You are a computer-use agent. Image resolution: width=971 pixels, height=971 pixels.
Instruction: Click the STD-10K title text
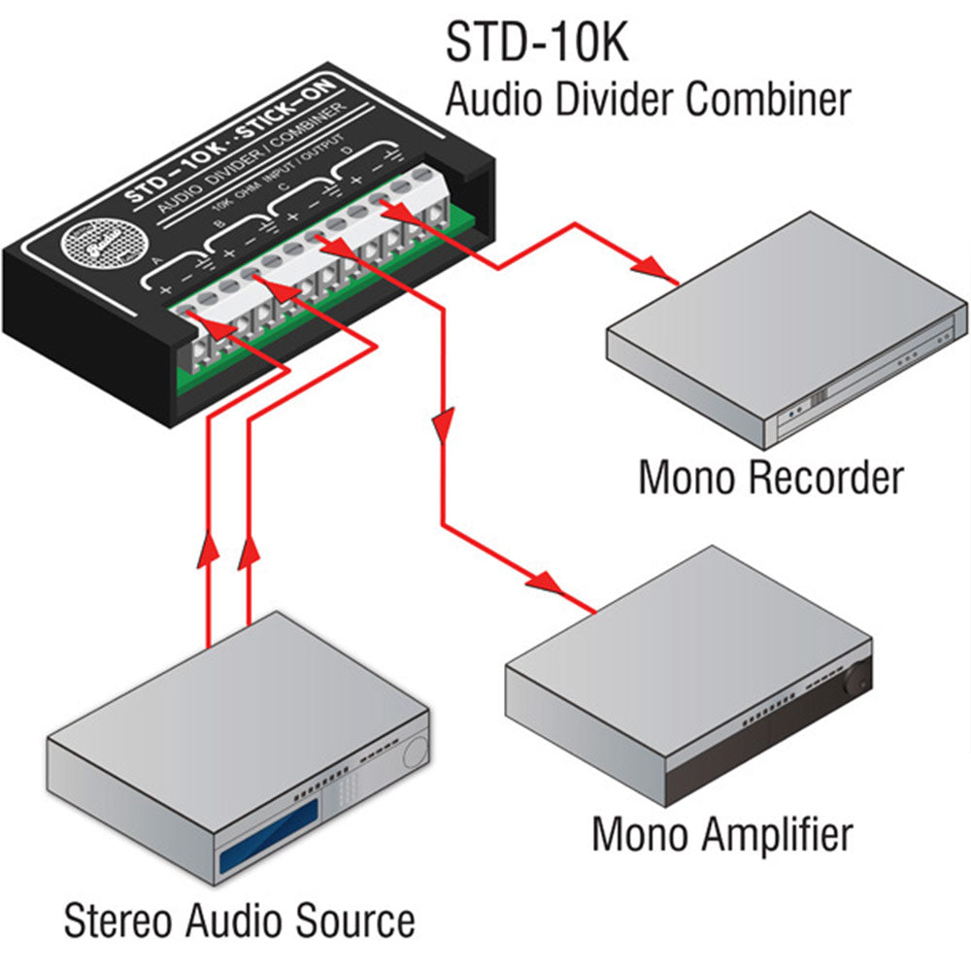click(535, 43)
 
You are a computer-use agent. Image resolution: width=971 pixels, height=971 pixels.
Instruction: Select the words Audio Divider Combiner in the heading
click(648, 99)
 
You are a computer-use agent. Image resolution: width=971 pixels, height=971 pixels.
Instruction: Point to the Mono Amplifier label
click(722, 833)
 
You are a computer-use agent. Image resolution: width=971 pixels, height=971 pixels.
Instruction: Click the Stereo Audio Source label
click(239, 919)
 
